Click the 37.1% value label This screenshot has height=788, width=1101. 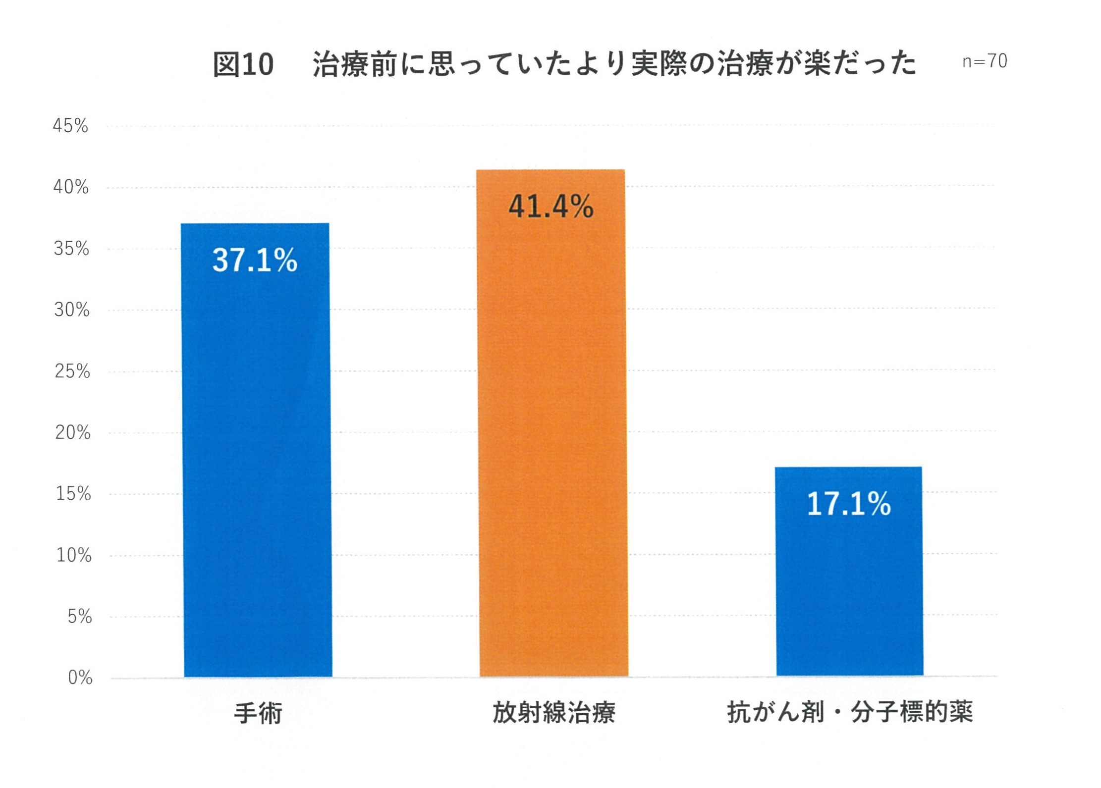(255, 260)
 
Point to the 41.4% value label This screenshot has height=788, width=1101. (551, 207)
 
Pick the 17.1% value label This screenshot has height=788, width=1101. (849, 504)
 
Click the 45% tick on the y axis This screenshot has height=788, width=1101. (70, 126)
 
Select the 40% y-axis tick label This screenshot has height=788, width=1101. (71, 187)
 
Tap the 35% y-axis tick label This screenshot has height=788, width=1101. (71, 249)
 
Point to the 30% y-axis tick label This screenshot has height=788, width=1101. (72, 310)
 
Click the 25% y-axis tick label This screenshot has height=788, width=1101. (72, 371)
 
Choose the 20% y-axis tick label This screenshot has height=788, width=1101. (73, 433)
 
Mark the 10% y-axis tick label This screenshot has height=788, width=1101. (74, 555)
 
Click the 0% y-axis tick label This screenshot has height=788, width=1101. (80, 678)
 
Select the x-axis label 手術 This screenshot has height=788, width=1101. (258, 713)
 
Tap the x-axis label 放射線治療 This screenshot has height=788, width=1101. (553, 713)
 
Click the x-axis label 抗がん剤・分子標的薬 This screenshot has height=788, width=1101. (850, 712)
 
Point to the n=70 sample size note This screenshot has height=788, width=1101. (985, 61)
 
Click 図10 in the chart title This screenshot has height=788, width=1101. (243, 64)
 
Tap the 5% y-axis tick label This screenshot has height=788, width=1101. (80, 617)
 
